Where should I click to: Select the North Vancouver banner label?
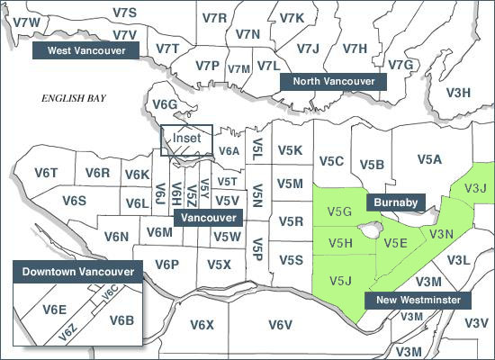(334, 81)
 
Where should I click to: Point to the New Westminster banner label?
(418, 299)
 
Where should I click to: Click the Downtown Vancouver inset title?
(78, 272)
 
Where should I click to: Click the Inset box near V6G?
(186, 139)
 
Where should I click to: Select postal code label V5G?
(338, 212)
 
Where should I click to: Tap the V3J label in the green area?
(474, 188)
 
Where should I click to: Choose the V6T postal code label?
(46, 172)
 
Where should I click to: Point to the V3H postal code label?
(459, 92)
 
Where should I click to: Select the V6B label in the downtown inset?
(121, 319)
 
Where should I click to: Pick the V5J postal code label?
(340, 280)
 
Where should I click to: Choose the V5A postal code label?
(430, 159)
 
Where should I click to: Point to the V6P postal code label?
(167, 264)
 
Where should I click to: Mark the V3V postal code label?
(477, 322)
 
